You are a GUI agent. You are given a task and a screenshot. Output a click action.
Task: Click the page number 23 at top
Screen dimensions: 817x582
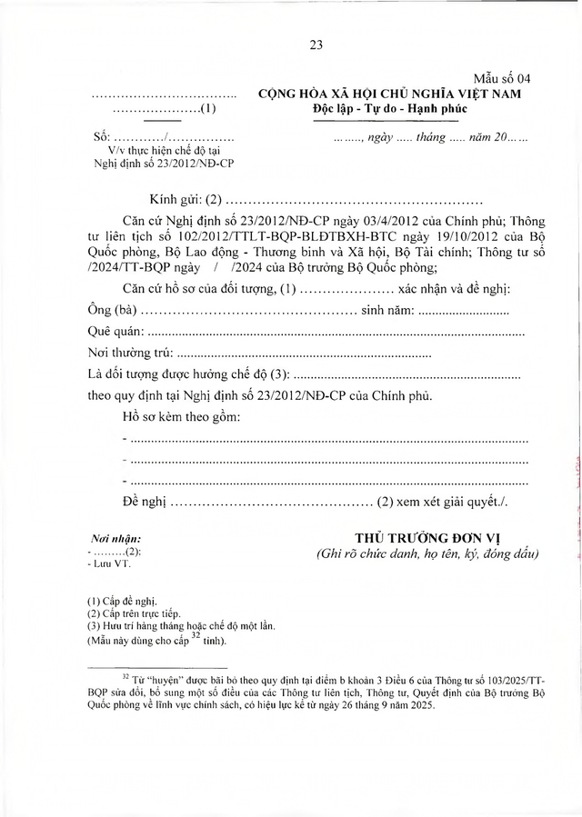316,44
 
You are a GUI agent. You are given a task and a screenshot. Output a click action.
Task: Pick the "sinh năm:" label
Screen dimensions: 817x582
387,312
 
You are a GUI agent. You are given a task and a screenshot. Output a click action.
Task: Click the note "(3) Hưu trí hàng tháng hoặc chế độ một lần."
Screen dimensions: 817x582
176,626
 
